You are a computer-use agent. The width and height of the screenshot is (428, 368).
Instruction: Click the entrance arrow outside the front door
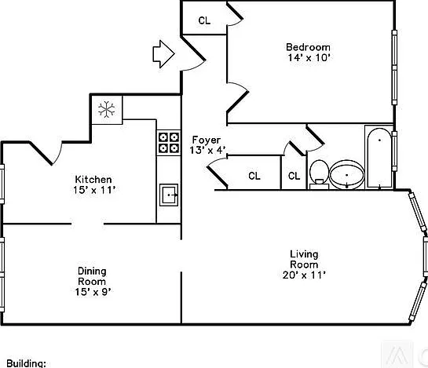tap(163, 54)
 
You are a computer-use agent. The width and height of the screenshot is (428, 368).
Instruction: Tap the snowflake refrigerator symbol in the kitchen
tap(107, 109)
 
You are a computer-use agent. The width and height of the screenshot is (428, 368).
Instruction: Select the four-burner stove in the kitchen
tap(169, 142)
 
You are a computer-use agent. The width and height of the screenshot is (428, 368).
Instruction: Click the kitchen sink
tap(169, 195)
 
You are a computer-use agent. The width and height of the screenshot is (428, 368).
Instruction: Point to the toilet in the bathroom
tap(319, 174)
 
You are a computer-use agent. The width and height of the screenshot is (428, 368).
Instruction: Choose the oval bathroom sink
tap(346, 175)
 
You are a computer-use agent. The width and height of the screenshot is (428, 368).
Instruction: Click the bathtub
tap(379, 158)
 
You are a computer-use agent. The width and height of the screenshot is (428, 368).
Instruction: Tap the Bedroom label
tap(308, 47)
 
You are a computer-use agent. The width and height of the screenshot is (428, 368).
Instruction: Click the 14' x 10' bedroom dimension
tap(309, 58)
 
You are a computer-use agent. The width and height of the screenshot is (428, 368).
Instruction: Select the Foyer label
tap(207, 140)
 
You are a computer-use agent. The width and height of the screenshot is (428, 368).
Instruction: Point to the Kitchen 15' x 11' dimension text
tap(94, 190)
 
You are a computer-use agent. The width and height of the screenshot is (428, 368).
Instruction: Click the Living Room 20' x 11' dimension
tap(304, 275)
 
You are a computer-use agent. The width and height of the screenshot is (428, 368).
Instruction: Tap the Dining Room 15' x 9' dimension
tap(93, 292)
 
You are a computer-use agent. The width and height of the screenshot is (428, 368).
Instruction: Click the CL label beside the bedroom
tap(204, 20)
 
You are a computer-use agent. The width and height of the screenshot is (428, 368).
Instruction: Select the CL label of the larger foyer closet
tap(254, 176)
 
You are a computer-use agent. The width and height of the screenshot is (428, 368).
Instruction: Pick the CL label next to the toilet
tap(294, 176)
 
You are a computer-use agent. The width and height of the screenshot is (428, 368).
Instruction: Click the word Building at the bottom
tap(26, 363)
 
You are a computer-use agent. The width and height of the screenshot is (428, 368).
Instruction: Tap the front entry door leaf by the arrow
tap(193, 48)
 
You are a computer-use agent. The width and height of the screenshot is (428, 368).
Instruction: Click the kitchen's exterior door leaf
tap(41, 153)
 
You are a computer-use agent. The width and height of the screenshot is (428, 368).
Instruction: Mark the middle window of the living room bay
tap(426, 257)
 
